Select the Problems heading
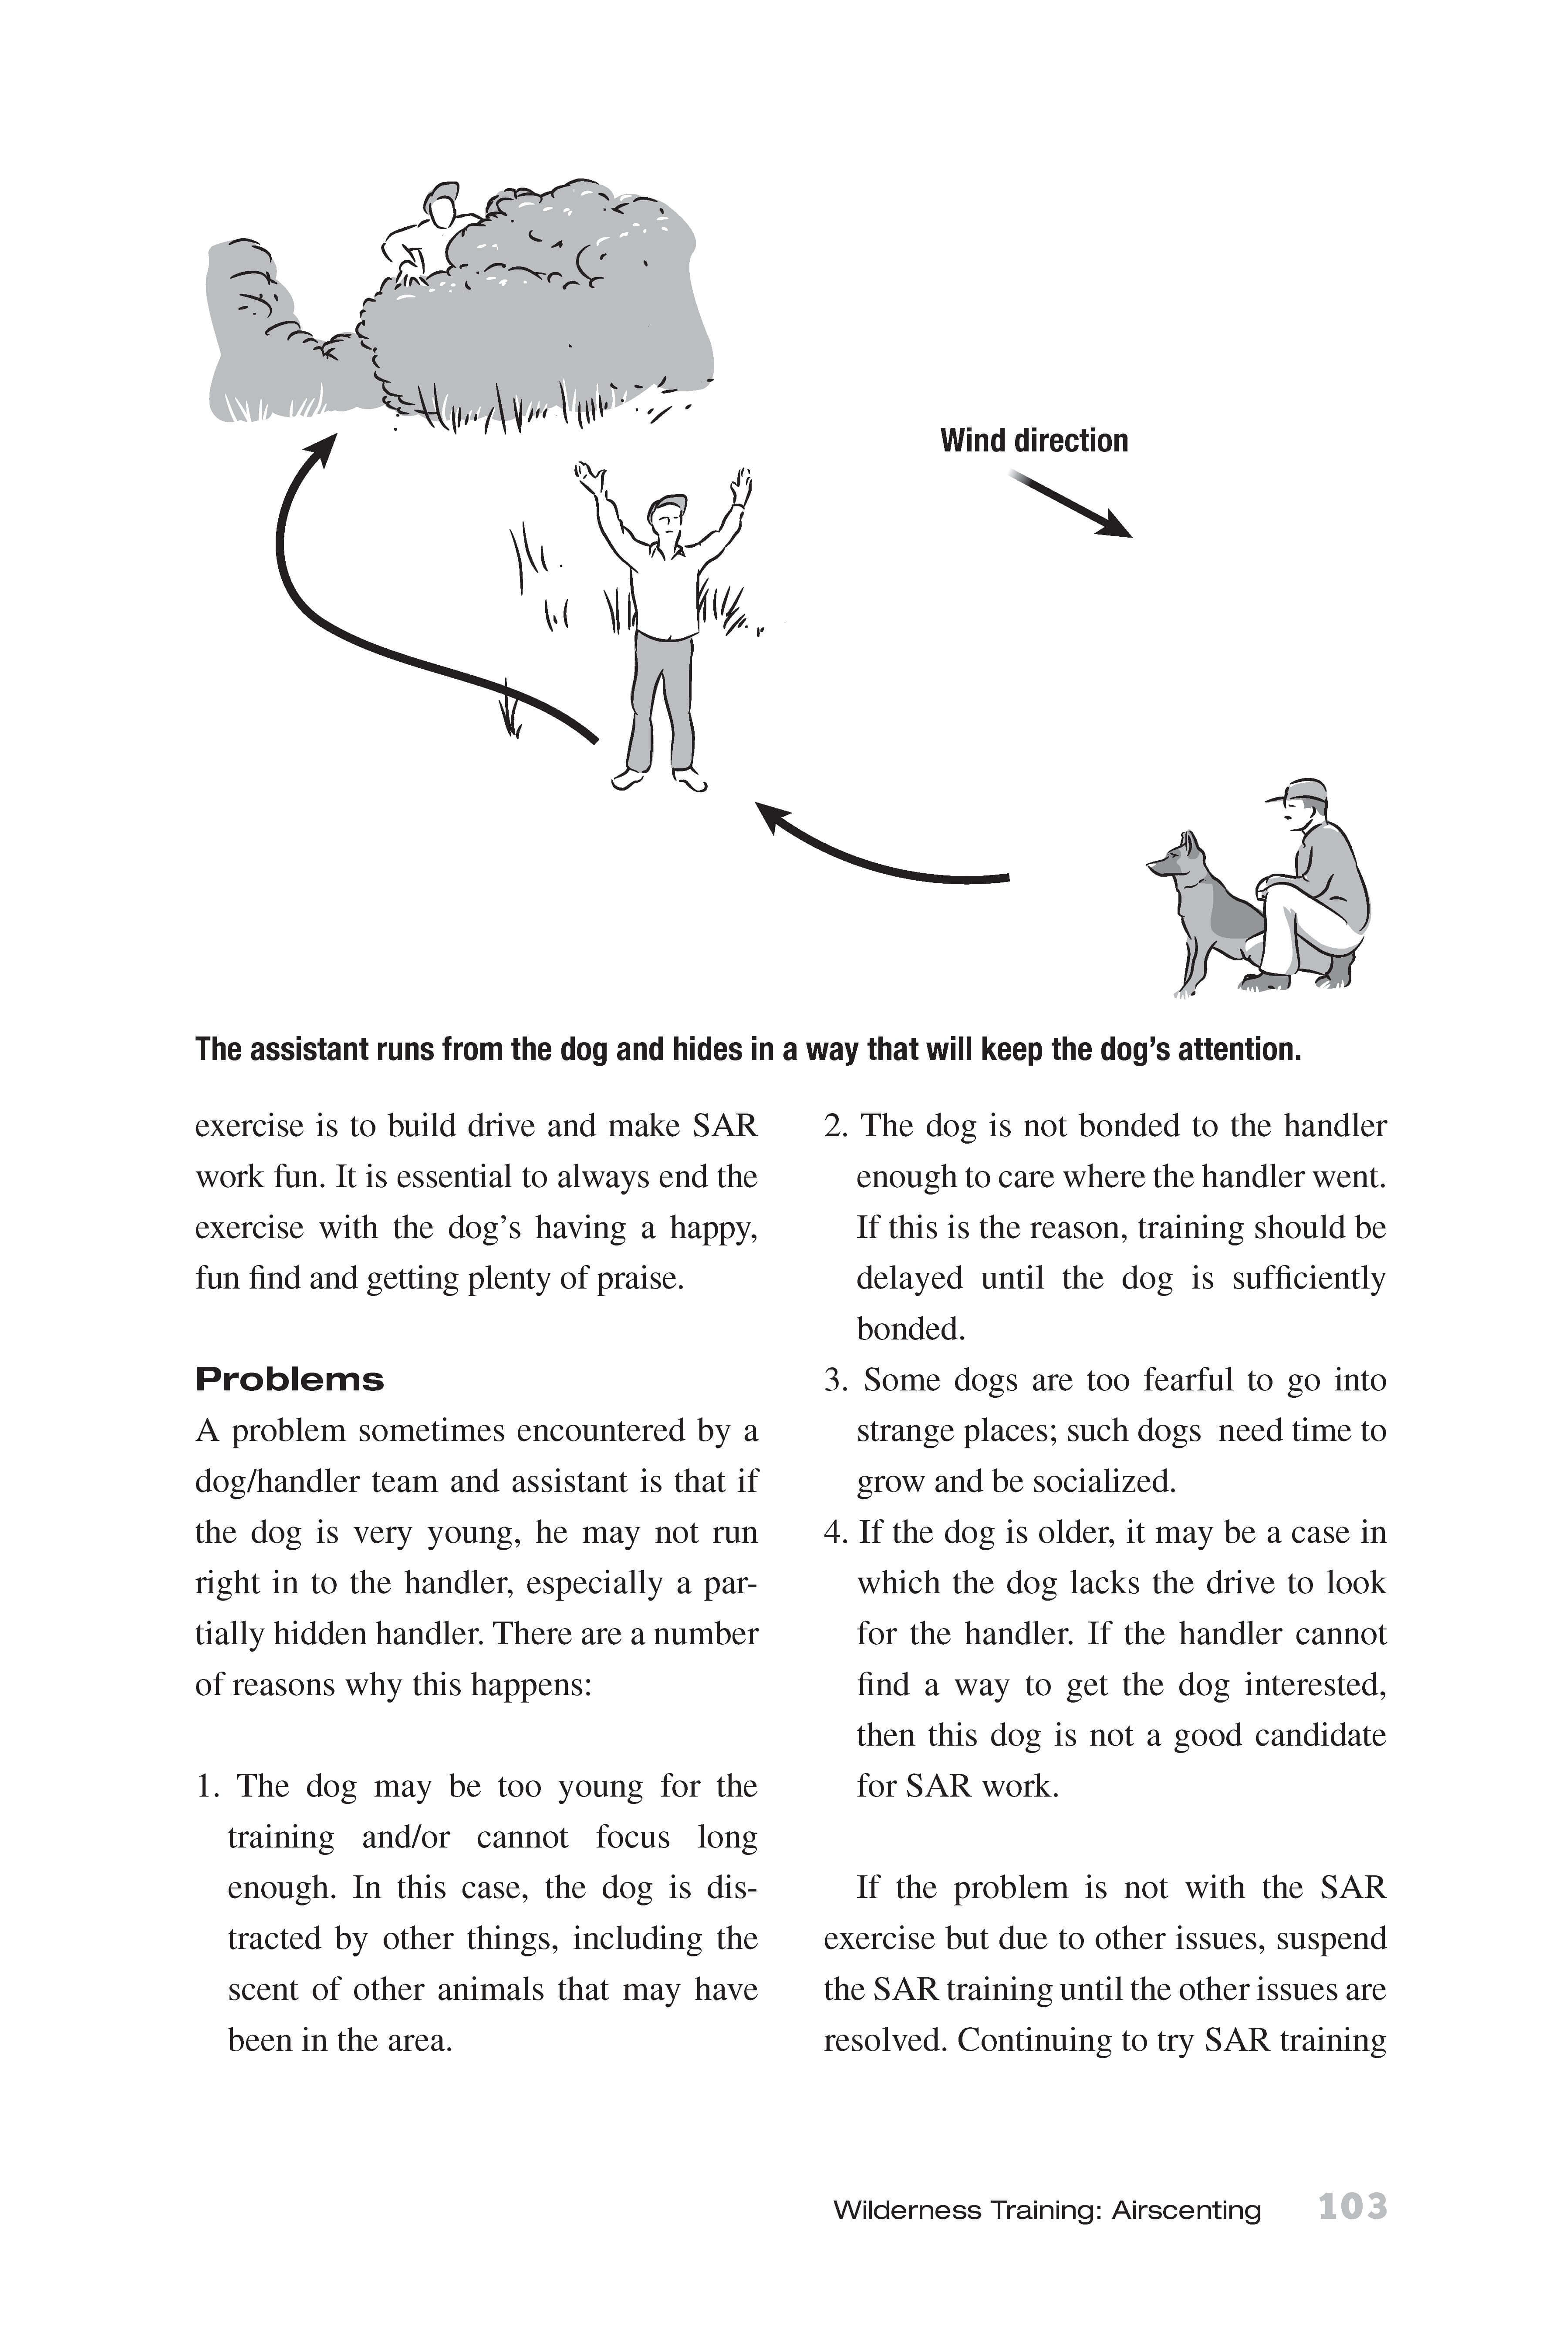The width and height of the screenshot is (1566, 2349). [x=290, y=1380]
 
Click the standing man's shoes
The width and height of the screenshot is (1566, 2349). [x=659, y=779]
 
